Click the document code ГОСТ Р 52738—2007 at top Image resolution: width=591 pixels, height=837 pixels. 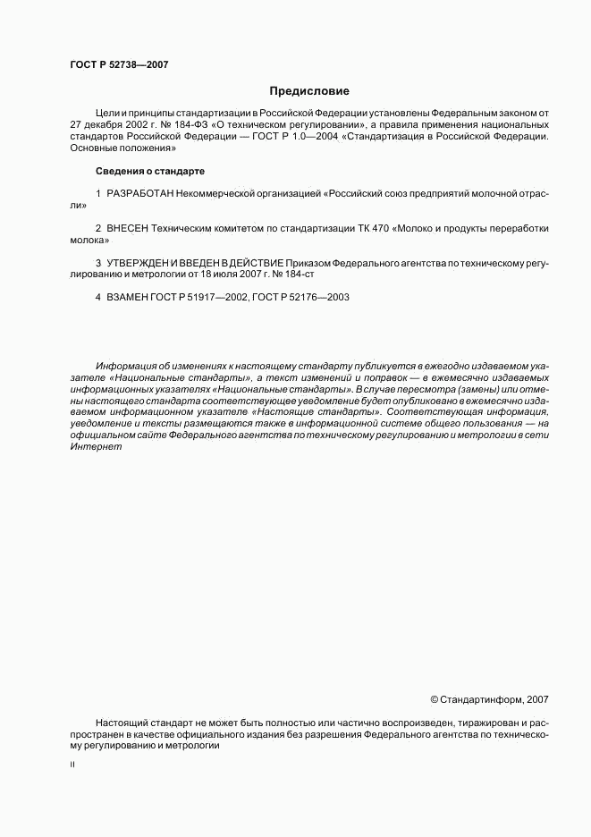pos(119,63)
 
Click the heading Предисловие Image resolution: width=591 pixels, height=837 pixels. pos(309,91)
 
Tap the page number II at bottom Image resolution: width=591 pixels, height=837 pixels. pos(72,765)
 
